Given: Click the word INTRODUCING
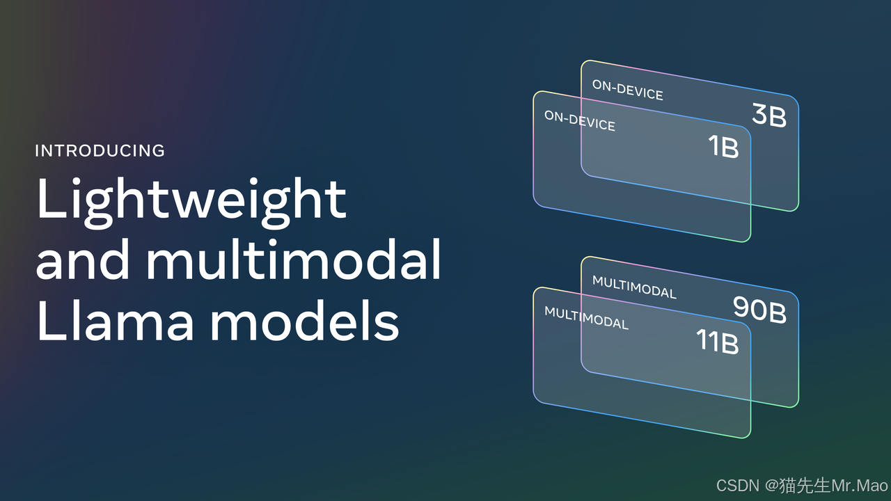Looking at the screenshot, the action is point(100,150).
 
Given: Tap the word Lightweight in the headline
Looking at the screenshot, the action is point(191,200).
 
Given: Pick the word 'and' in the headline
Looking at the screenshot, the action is point(83,260).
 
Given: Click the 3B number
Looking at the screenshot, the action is point(769,116).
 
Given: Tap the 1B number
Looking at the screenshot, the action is point(723,147).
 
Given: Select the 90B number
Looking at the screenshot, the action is point(759,310).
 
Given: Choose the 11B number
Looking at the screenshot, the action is point(717,342).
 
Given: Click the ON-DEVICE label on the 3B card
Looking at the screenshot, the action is point(627,90).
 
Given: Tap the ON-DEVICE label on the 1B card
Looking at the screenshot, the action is point(580,120).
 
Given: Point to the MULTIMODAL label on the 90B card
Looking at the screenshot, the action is point(634,287).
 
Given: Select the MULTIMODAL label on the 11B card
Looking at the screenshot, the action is point(586,317).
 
